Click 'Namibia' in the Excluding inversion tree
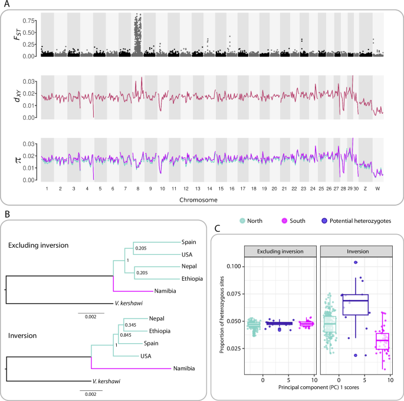tap(166, 291)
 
